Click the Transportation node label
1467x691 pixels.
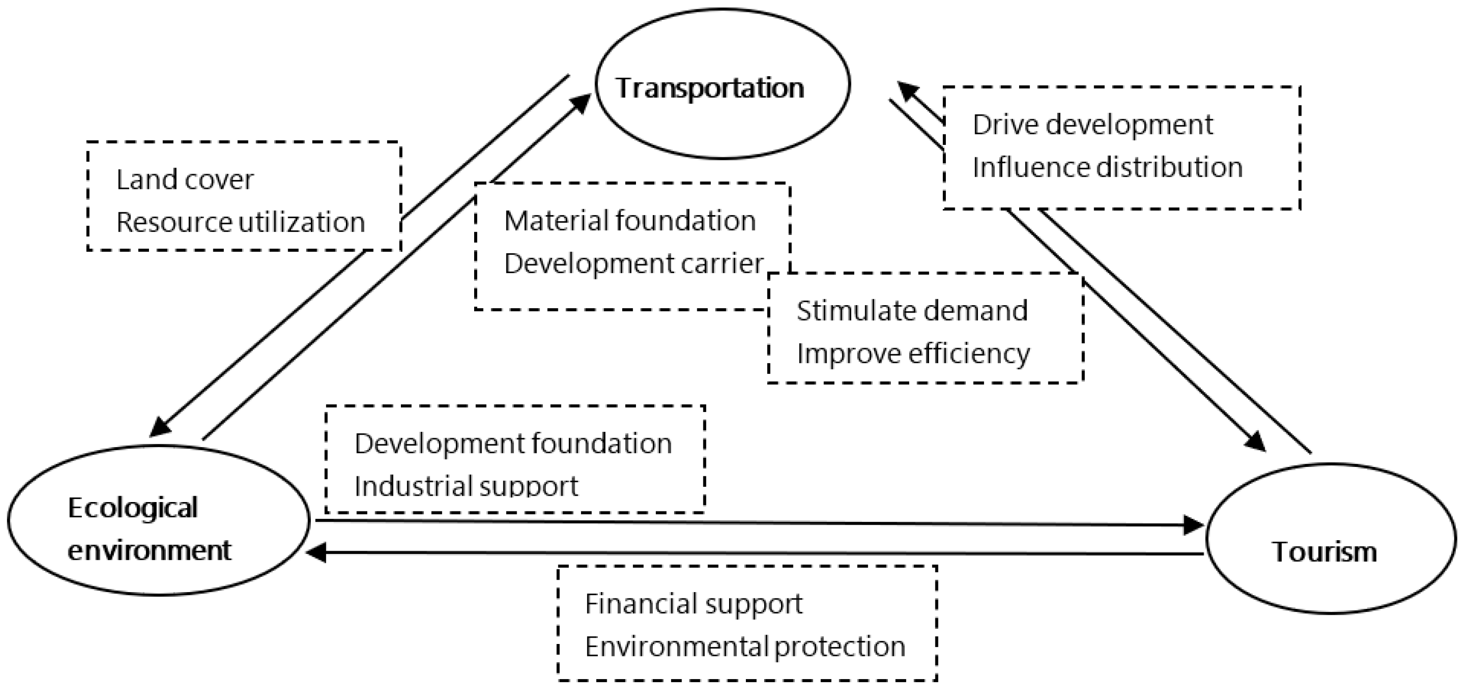tap(709, 88)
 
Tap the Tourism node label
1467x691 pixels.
tap(1324, 552)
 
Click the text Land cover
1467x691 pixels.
tap(185, 180)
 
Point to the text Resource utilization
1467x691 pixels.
tap(241, 222)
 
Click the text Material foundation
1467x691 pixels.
tap(630, 221)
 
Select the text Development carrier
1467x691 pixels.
tap(633, 264)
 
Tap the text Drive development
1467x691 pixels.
tap(1092, 125)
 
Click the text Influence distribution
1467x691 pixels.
tap(1107, 167)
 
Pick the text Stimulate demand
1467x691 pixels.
tap(912, 311)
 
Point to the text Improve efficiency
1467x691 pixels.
tap(913, 354)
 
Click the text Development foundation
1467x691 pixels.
tap(513, 443)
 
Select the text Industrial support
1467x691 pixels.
tap(466, 486)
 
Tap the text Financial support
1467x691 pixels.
tap(693, 604)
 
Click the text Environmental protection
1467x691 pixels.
tap(745, 646)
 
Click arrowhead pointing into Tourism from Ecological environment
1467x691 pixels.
tap(1194, 525)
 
